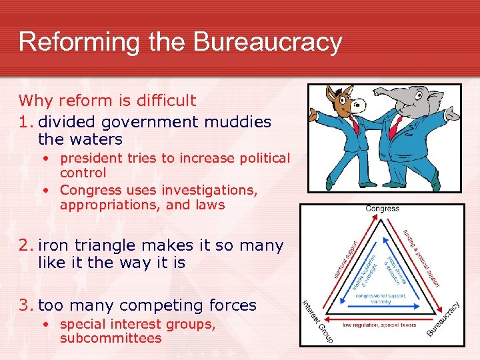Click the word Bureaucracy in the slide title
[268, 41]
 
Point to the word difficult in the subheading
[163, 101]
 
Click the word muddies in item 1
[235, 122]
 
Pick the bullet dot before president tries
[50, 159]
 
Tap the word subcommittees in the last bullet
[111, 338]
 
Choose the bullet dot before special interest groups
[50, 325]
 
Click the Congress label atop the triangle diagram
[383, 209]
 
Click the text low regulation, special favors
[379, 325]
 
